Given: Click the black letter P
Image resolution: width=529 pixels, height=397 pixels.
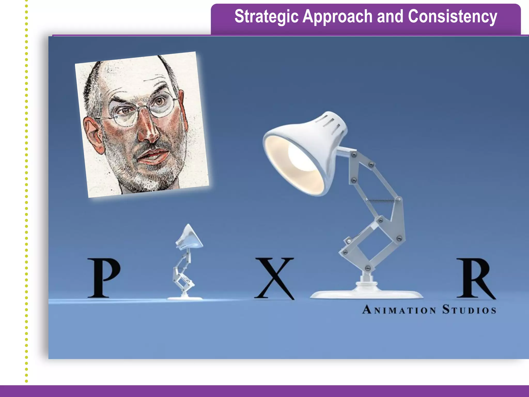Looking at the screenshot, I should pos(103,278).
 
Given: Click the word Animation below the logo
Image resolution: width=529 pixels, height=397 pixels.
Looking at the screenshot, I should pos(399,310).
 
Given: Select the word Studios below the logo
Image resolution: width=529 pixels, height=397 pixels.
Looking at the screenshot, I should pos(469,310).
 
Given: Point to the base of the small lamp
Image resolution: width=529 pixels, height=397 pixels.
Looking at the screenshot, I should pos(184,298).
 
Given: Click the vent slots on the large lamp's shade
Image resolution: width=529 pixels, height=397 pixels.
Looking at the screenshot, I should pos(333,124).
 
